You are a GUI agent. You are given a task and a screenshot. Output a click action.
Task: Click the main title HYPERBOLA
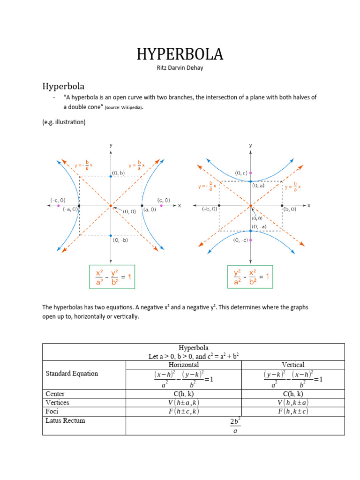pos(180,55)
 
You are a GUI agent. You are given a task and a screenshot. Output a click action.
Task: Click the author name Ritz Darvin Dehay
pos(180,68)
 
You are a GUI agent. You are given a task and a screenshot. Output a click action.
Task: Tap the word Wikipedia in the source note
pos(131,107)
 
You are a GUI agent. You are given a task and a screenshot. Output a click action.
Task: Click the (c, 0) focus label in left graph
pos(164,200)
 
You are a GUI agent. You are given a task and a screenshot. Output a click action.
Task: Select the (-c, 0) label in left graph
pos(58,200)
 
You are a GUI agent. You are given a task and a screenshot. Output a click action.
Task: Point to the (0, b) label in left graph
pos(118,172)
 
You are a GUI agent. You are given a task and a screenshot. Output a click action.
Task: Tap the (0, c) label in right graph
pos(241,173)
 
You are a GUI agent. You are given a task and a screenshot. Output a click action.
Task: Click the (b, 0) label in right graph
pos(289,209)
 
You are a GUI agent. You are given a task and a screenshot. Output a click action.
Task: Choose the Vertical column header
pos(293,365)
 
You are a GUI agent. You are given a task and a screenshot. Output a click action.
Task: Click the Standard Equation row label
pos(72,374)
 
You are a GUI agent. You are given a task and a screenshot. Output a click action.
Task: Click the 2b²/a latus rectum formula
pos(235,426)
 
